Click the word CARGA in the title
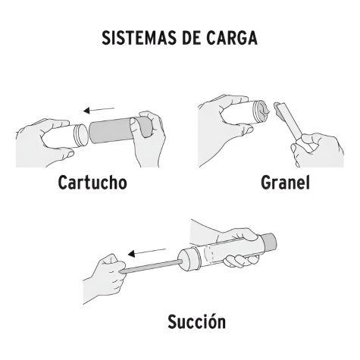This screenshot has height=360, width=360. (x=232, y=38)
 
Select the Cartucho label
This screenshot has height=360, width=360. (x=92, y=183)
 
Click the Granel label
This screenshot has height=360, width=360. (x=285, y=183)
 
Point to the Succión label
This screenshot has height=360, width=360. (x=196, y=321)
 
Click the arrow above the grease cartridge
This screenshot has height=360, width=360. (x=99, y=110)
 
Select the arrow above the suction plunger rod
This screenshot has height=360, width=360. (x=147, y=252)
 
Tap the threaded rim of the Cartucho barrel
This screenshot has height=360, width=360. (x=81, y=136)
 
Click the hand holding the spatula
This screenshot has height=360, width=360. (x=318, y=150)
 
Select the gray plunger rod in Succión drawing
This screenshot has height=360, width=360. (x=150, y=267)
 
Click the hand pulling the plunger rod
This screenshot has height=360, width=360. (x=104, y=278)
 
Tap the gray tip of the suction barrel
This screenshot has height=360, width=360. (x=269, y=240)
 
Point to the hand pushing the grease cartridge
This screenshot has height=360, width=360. (x=148, y=139)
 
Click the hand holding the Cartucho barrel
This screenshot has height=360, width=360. (x=44, y=142)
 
